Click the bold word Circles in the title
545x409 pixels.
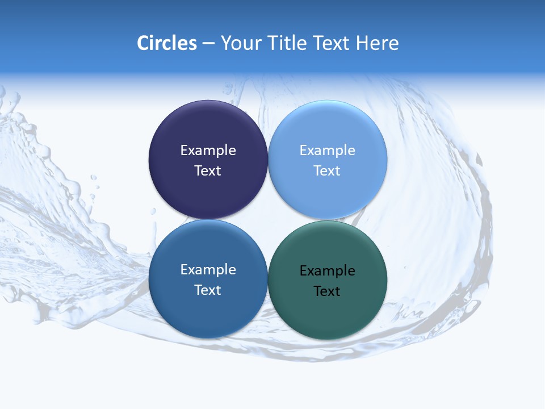coord(167,43)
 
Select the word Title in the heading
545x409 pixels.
coord(287,43)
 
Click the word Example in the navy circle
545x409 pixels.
coord(208,151)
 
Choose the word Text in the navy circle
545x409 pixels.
coord(208,171)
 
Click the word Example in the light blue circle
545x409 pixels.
coord(328,151)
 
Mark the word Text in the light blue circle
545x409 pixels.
coord(328,171)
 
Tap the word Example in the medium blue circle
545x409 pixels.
coord(208,270)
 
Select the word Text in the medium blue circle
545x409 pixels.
coord(208,290)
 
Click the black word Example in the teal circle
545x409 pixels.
coord(328,271)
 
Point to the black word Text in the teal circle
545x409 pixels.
coord(328,291)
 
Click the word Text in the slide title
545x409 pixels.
coord(332,43)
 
